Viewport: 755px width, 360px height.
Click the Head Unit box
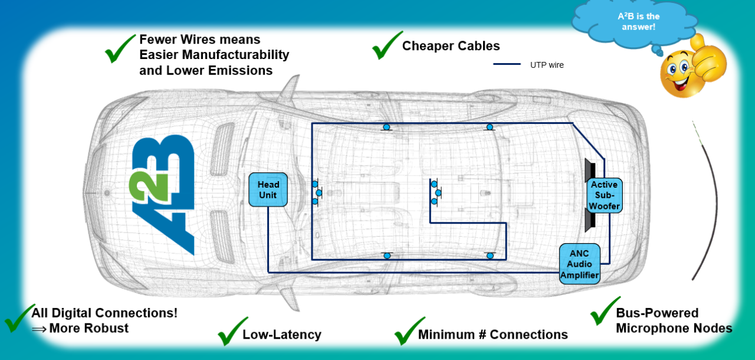[268, 190]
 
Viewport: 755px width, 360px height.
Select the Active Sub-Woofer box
[605, 195]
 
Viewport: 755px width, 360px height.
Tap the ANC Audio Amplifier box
[579, 264]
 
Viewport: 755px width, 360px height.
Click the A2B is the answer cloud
[635, 24]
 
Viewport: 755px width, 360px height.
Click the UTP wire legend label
[547, 65]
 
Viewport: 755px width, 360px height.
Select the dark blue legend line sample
[507, 64]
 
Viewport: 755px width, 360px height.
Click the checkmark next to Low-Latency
[232, 331]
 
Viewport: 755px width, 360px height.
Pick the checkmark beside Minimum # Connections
[409, 331]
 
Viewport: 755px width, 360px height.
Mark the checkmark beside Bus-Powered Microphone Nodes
[605, 311]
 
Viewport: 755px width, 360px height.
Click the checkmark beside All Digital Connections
[19, 318]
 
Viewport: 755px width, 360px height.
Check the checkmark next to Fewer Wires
[120, 48]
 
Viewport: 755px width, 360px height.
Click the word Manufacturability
[235, 55]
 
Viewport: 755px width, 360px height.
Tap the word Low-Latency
[282, 335]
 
